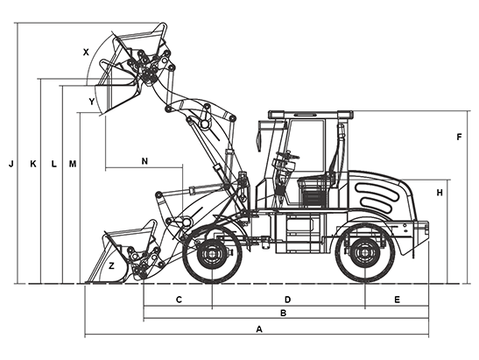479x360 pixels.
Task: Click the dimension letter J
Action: (x=11, y=164)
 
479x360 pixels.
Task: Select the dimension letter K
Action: (x=33, y=164)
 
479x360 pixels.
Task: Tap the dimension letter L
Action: (x=53, y=164)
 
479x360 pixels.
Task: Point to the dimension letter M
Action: (x=73, y=164)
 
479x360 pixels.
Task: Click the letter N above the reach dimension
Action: (x=144, y=161)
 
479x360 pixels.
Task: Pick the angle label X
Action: (x=86, y=53)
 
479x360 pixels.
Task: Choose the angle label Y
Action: (x=92, y=102)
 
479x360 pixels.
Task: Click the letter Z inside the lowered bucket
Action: (x=111, y=266)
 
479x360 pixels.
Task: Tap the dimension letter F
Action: (x=459, y=138)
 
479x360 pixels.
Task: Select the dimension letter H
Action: (x=440, y=193)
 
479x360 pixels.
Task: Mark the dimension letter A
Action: (x=259, y=329)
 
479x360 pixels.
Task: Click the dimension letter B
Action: (x=283, y=313)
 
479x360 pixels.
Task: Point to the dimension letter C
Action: (x=179, y=300)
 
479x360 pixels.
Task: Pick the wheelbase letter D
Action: (x=287, y=300)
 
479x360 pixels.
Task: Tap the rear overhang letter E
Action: (x=397, y=300)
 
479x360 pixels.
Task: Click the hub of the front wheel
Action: (x=212, y=254)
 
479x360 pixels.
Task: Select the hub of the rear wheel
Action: (x=365, y=252)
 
